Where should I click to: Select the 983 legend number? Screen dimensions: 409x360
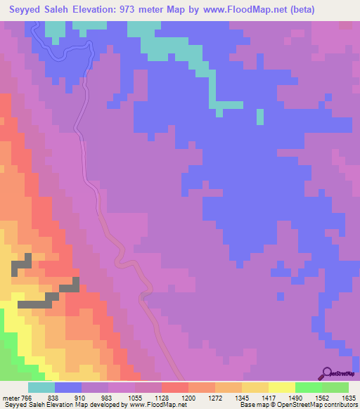(x=107, y=397)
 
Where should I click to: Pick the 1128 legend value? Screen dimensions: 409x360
(x=163, y=397)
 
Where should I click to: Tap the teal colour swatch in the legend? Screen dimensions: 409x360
(x=41, y=387)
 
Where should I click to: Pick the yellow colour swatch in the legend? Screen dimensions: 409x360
(x=282, y=387)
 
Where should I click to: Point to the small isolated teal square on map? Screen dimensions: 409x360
(x=260, y=117)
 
